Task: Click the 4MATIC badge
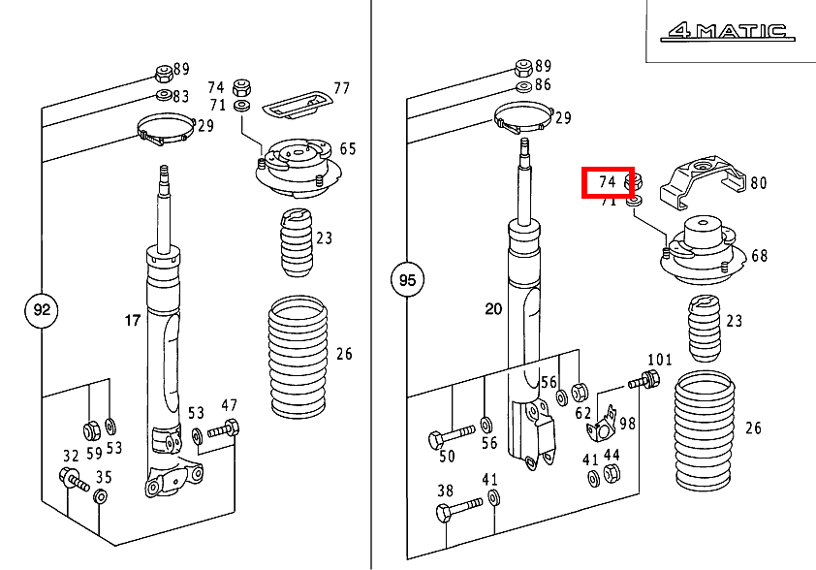pyautogui.click(x=724, y=32)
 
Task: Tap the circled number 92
pyautogui.click(x=41, y=311)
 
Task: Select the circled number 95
pyautogui.click(x=407, y=281)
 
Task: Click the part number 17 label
pyautogui.click(x=132, y=319)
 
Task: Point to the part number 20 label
pyautogui.click(x=493, y=309)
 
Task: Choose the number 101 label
pyautogui.click(x=659, y=360)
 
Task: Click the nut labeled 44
pyautogui.click(x=612, y=473)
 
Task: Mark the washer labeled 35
pyautogui.click(x=99, y=497)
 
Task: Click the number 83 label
pyautogui.click(x=181, y=96)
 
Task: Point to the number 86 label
pyautogui.click(x=543, y=85)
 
